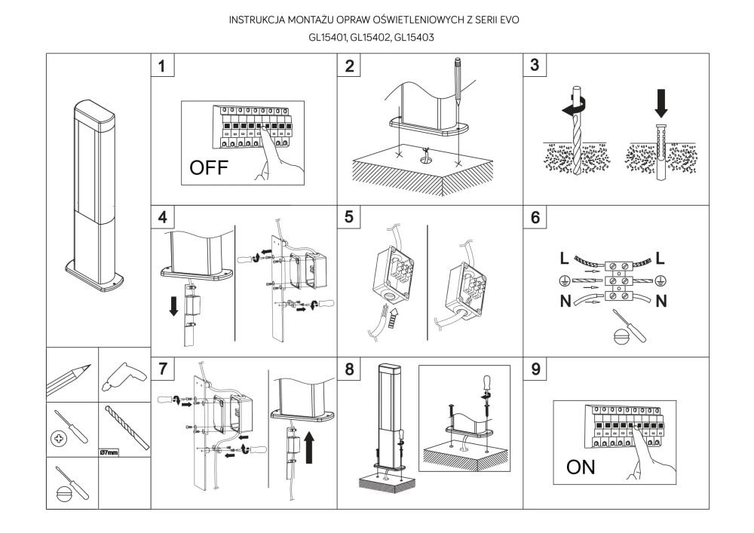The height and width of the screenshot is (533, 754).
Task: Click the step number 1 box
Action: coord(163,66)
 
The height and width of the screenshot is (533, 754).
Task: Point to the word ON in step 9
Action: coord(581,467)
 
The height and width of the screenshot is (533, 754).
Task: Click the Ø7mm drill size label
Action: coord(110,453)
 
